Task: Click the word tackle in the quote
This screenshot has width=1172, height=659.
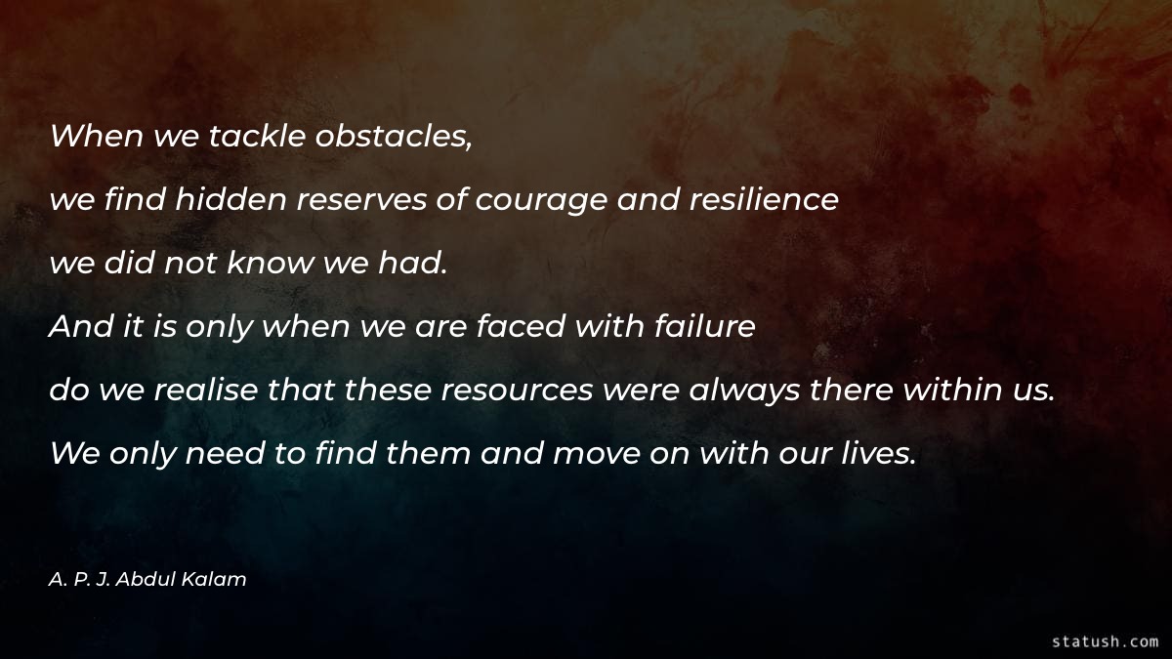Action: pos(256,136)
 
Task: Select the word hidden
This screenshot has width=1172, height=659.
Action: pos(231,200)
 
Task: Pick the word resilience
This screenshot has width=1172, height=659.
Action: pos(764,200)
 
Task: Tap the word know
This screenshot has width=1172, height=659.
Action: pos(269,264)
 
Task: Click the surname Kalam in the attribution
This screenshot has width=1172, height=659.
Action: pos(220,579)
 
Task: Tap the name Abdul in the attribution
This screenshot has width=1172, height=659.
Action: pos(155,579)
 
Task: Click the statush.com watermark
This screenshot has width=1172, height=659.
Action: pos(1105,641)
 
